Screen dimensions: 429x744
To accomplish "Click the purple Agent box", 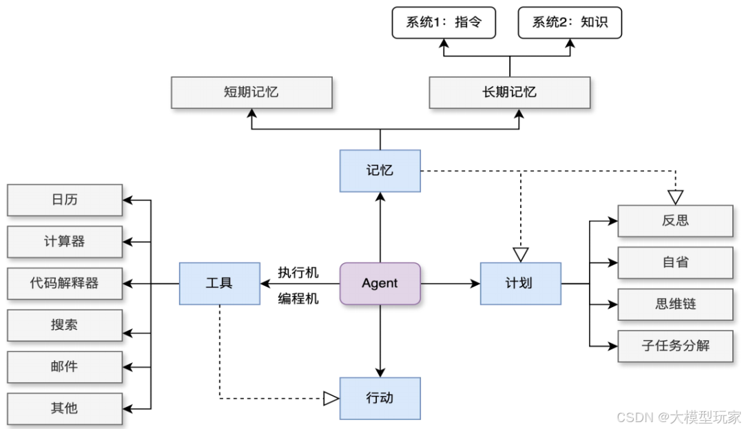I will (380, 283).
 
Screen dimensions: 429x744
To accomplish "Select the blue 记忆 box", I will (380, 170).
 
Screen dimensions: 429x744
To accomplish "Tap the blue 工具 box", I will (219, 283).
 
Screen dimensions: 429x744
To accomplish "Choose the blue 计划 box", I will (520, 283).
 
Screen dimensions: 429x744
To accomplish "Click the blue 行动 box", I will (380, 398).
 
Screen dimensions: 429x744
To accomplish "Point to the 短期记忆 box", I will (251, 92).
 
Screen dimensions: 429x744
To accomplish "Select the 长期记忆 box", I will (509, 92).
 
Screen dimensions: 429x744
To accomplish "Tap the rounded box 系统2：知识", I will (570, 22).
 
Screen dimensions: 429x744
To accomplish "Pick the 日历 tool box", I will (65, 200).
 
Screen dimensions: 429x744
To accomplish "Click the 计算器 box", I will (65, 242).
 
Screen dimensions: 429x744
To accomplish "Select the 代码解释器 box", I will (65, 283).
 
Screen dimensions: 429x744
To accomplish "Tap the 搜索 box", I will (65, 325).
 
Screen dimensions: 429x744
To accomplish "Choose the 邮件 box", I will (65, 367).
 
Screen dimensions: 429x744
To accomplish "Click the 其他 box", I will (65, 408).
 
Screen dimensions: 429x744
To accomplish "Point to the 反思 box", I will (674, 221).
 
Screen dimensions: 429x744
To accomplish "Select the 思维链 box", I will (674, 304).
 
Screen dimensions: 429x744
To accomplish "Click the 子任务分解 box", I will (674, 346).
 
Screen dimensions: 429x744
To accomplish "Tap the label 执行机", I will (298, 273).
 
